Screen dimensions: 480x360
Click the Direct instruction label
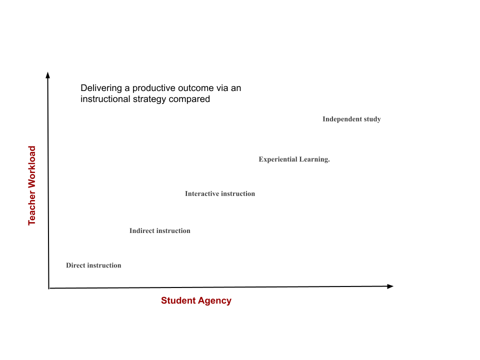[93, 265]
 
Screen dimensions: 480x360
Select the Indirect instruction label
[160, 231]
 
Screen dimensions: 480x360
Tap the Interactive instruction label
[220, 194]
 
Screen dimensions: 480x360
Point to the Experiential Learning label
[294, 159]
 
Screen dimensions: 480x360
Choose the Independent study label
[351, 119]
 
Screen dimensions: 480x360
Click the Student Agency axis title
[196, 300]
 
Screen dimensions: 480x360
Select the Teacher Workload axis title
[32, 185]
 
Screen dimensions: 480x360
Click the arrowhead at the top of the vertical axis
[48, 74]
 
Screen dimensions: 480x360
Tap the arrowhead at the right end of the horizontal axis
[390, 286]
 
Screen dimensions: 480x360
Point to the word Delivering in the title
[101, 88]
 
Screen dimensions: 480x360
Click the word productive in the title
[154, 88]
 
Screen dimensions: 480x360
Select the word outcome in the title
[196, 88]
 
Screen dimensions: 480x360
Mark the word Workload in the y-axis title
[32, 167]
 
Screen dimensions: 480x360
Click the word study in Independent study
[372, 119]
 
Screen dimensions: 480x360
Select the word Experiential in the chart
[278, 159]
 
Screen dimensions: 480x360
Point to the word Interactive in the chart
[201, 194]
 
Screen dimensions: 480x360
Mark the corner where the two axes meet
[48, 288]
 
